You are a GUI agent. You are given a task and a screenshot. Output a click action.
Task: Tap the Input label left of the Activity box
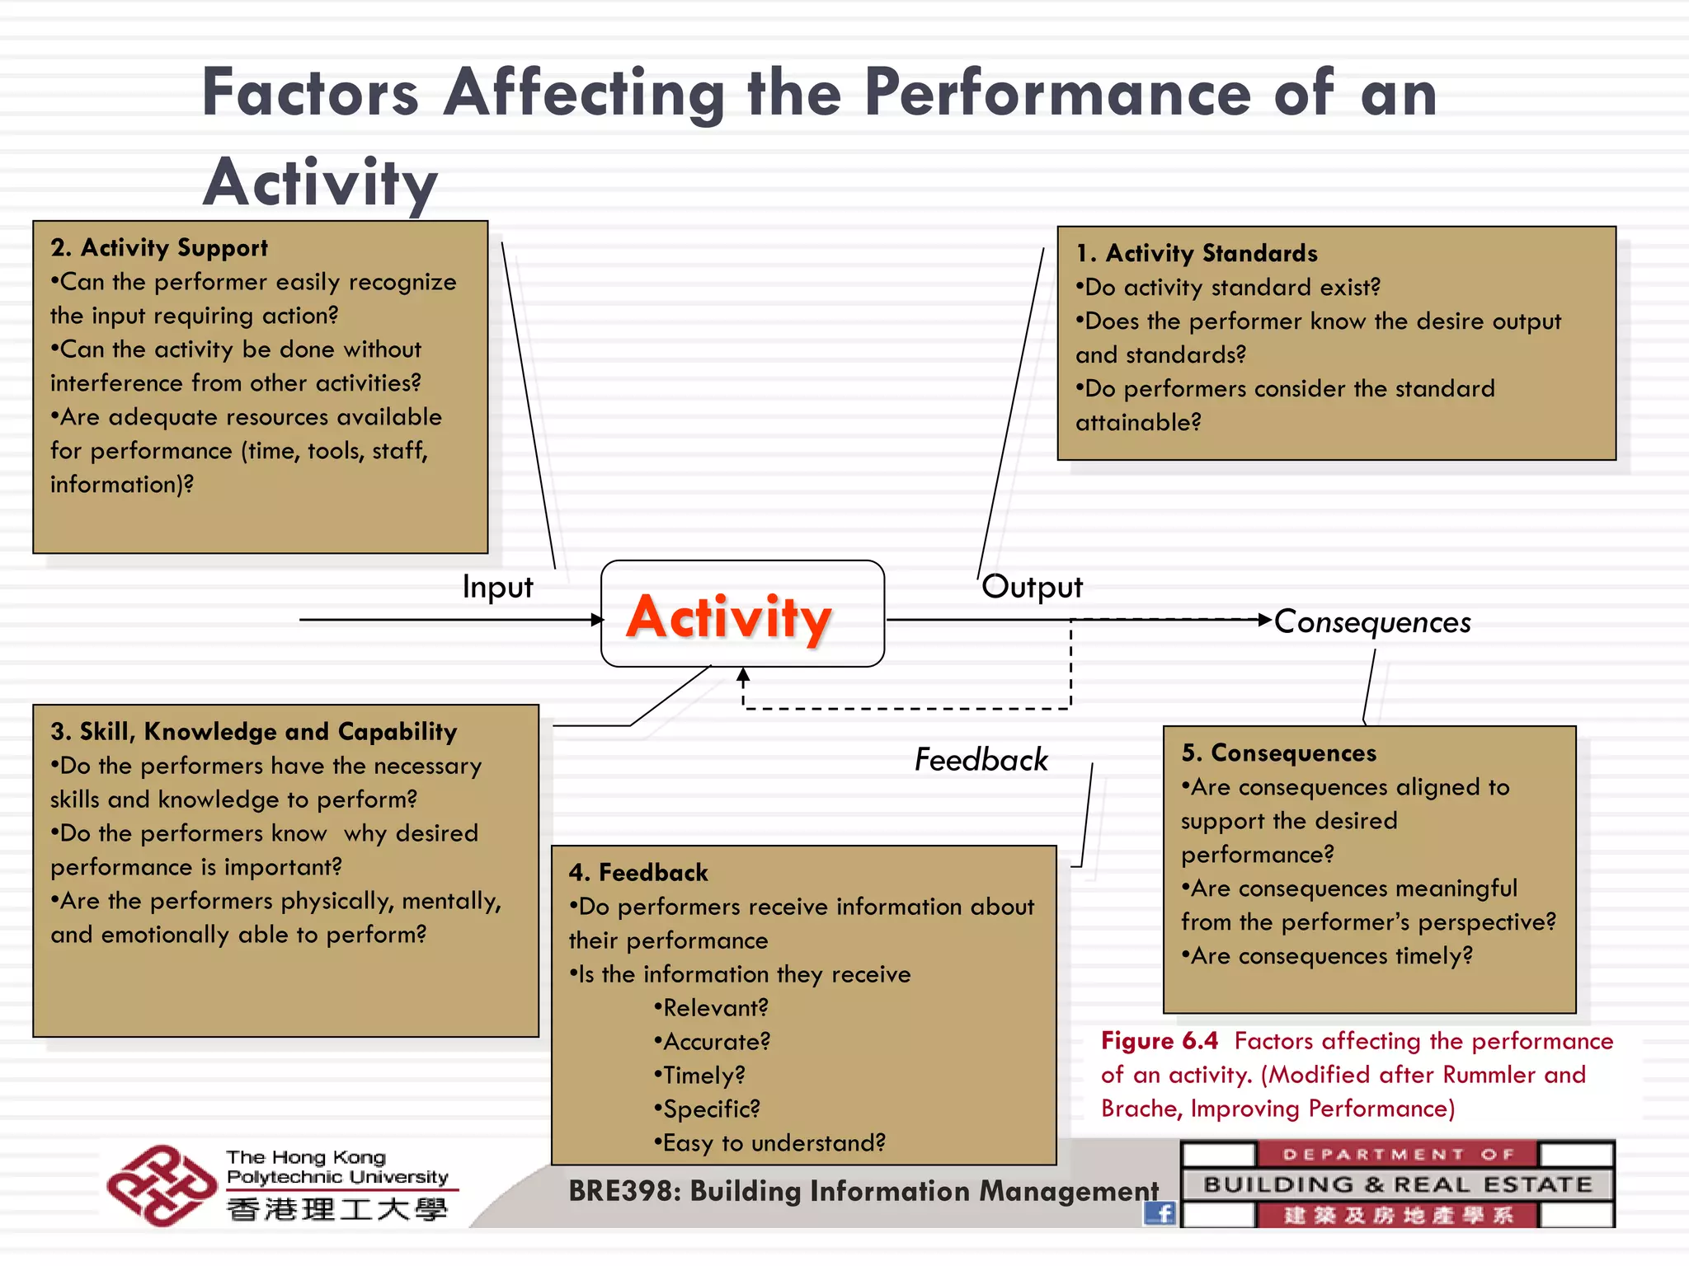[497, 587]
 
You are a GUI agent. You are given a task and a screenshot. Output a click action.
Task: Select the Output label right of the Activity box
[1032, 587]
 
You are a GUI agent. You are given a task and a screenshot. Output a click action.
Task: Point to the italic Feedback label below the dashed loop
[981, 759]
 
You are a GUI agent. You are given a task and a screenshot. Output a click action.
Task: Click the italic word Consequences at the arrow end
[1372, 622]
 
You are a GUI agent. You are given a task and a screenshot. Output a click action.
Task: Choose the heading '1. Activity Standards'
[1197, 253]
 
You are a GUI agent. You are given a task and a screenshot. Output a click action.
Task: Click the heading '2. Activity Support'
[159, 247]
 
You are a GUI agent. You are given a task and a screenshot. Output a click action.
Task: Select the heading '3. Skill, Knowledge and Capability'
[254, 731]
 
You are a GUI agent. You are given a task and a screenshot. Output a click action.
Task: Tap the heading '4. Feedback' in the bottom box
[638, 872]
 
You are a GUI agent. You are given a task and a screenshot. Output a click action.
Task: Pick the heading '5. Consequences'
[1279, 753]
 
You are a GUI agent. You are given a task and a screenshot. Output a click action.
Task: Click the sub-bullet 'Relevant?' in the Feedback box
[712, 1007]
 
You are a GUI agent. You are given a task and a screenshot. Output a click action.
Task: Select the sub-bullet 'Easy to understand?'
[770, 1142]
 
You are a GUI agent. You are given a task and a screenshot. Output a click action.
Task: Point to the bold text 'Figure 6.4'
[1159, 1040]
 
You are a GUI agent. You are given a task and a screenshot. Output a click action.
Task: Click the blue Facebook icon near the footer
[1160, 1212]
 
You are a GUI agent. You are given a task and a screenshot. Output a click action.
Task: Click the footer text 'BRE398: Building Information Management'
[863, 1191]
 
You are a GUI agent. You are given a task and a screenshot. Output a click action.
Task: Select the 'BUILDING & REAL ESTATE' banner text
[1398, 1184]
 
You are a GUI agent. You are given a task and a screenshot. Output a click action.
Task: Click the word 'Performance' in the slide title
[1058, 93]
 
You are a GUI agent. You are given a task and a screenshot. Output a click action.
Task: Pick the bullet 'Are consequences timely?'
[1327, 955]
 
